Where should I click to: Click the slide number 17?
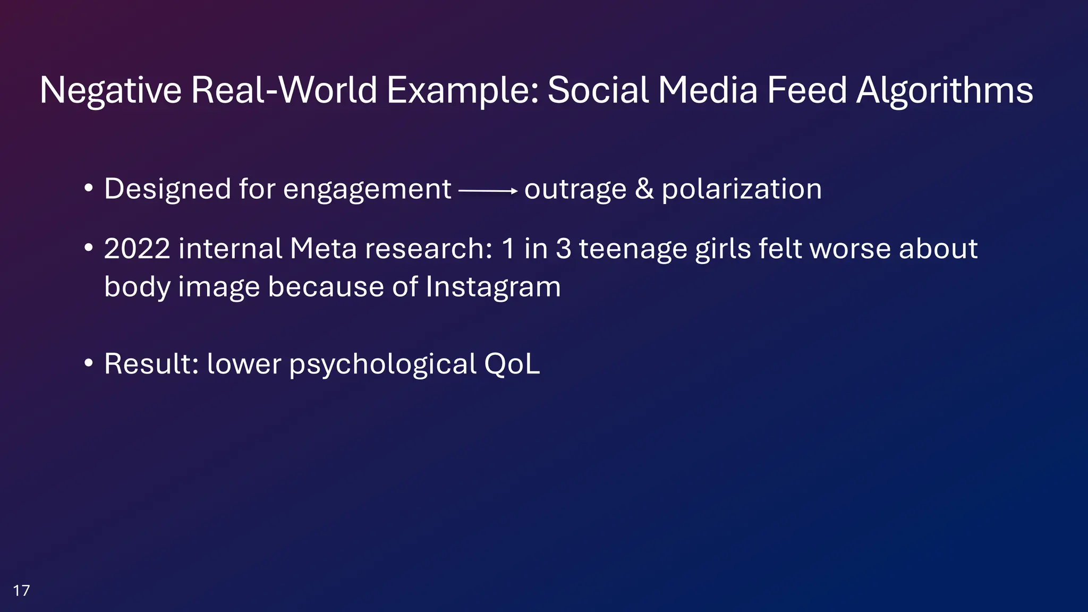(x=21, y=590)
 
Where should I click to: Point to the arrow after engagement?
(x=488, y=191)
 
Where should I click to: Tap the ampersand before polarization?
(x=644, y=189)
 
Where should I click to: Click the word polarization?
(x=742, y=189)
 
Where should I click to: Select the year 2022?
(x=137, y=249)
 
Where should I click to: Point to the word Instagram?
(x=493, y=287)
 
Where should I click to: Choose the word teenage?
(x=633, y=250)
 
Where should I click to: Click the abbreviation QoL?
(x=512, y=364)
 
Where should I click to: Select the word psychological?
(x=382, y=365)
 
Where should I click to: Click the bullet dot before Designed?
(x=89, y=189)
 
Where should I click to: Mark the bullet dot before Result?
(x=89, y=364)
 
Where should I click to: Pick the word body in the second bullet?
(x=137, y=287)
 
